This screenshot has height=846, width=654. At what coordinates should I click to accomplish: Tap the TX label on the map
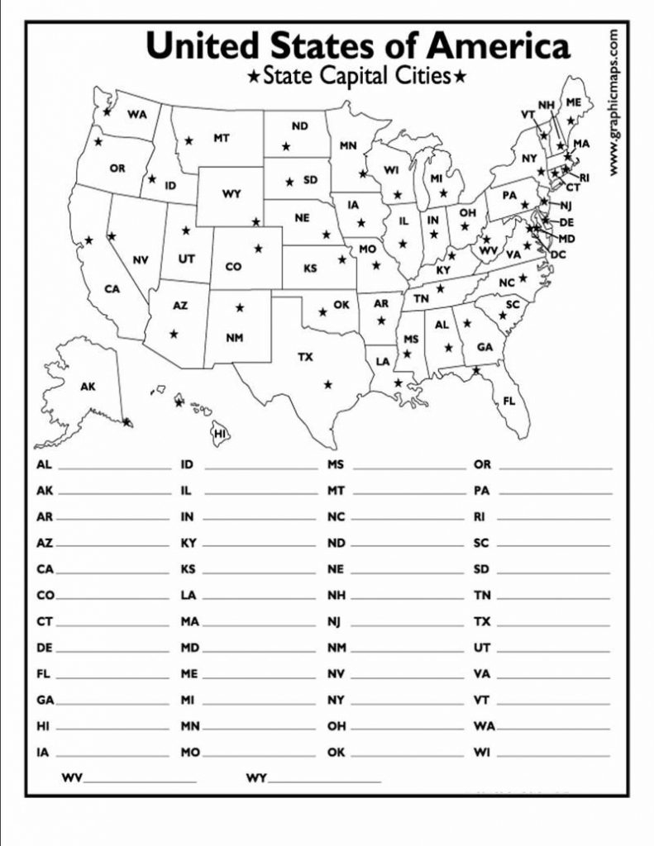coord(306,357)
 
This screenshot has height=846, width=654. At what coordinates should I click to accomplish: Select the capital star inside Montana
coord(189,140)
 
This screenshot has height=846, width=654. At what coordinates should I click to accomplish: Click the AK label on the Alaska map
coord(88,386)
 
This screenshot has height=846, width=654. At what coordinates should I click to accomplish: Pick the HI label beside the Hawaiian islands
coord(220,433)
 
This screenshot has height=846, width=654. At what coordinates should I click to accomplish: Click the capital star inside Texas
coord(328,384)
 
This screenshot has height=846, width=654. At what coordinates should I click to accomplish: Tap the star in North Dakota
coord(286,146)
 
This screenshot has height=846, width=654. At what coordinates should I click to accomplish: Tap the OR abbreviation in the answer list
coord(482,465)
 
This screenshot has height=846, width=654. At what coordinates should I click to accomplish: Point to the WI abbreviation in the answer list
coord(482,753)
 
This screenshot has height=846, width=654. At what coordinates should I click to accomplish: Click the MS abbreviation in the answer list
coord(335,465)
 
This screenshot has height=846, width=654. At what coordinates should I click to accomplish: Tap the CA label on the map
coord(112,289)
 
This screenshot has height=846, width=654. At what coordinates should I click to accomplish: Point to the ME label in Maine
coord(573,102)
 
